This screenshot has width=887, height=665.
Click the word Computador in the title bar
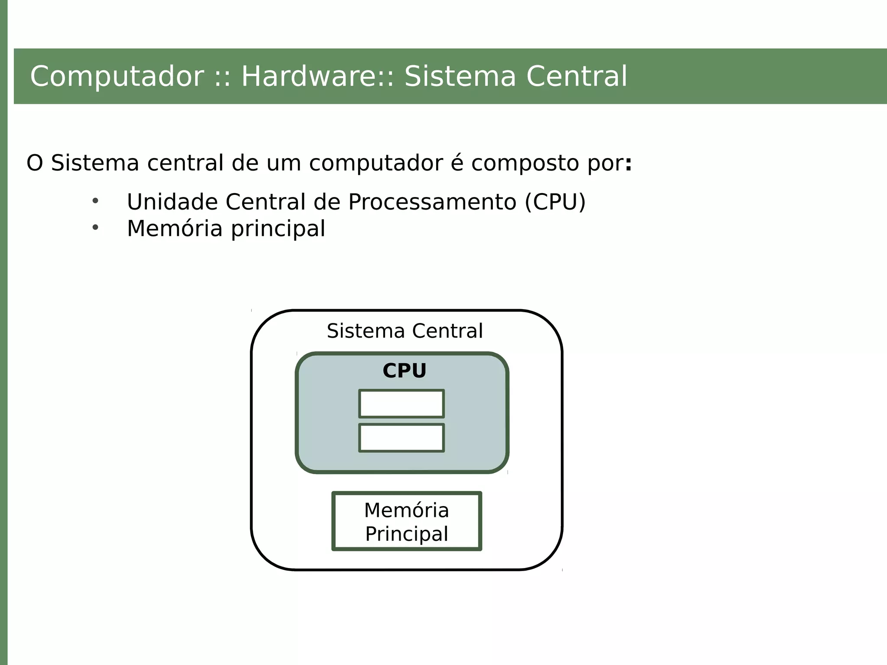pyautogui.click(x=117, y=77)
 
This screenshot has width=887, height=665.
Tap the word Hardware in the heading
pyautogui.click(x=312, y=77)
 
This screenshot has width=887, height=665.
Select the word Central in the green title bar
pyautogui.click(x=576, y=77)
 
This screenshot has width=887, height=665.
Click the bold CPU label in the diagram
pyautogui.click(x=405, y=371)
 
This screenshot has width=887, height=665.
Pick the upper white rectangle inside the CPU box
pyautogui.click(x=401, y=404)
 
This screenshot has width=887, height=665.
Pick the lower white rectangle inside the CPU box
pyautogui.click(x=401, y=438)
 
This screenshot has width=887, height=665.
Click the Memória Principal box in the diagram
pyautogui.click(x=407, y=521)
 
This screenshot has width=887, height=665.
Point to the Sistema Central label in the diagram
pyautogui.click(x=405, y=331)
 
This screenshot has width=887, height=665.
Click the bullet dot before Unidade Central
pyautogui.click(x=95, y=201)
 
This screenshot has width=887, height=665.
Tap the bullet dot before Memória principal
pyautogui.click(x=95, y=228)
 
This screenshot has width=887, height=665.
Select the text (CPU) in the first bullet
pyautogui.click(x=555, y=202)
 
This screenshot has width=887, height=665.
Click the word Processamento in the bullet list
pyautogui.click(x=432, y=202)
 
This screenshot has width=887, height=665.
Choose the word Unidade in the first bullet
pyautogui.click(x=172, y=202)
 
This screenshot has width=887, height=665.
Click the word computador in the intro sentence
pyautogui.click(x=376, y=163)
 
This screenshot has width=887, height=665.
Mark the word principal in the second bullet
pyautogui.click(x=278, y=229)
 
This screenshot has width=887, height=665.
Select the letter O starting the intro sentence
pyautogui.click(x=35, y=163)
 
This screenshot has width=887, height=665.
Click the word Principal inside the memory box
pyautogui.click(x=407, y=534)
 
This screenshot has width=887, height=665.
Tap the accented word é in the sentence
pyautogui.click(x=457, y=163)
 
